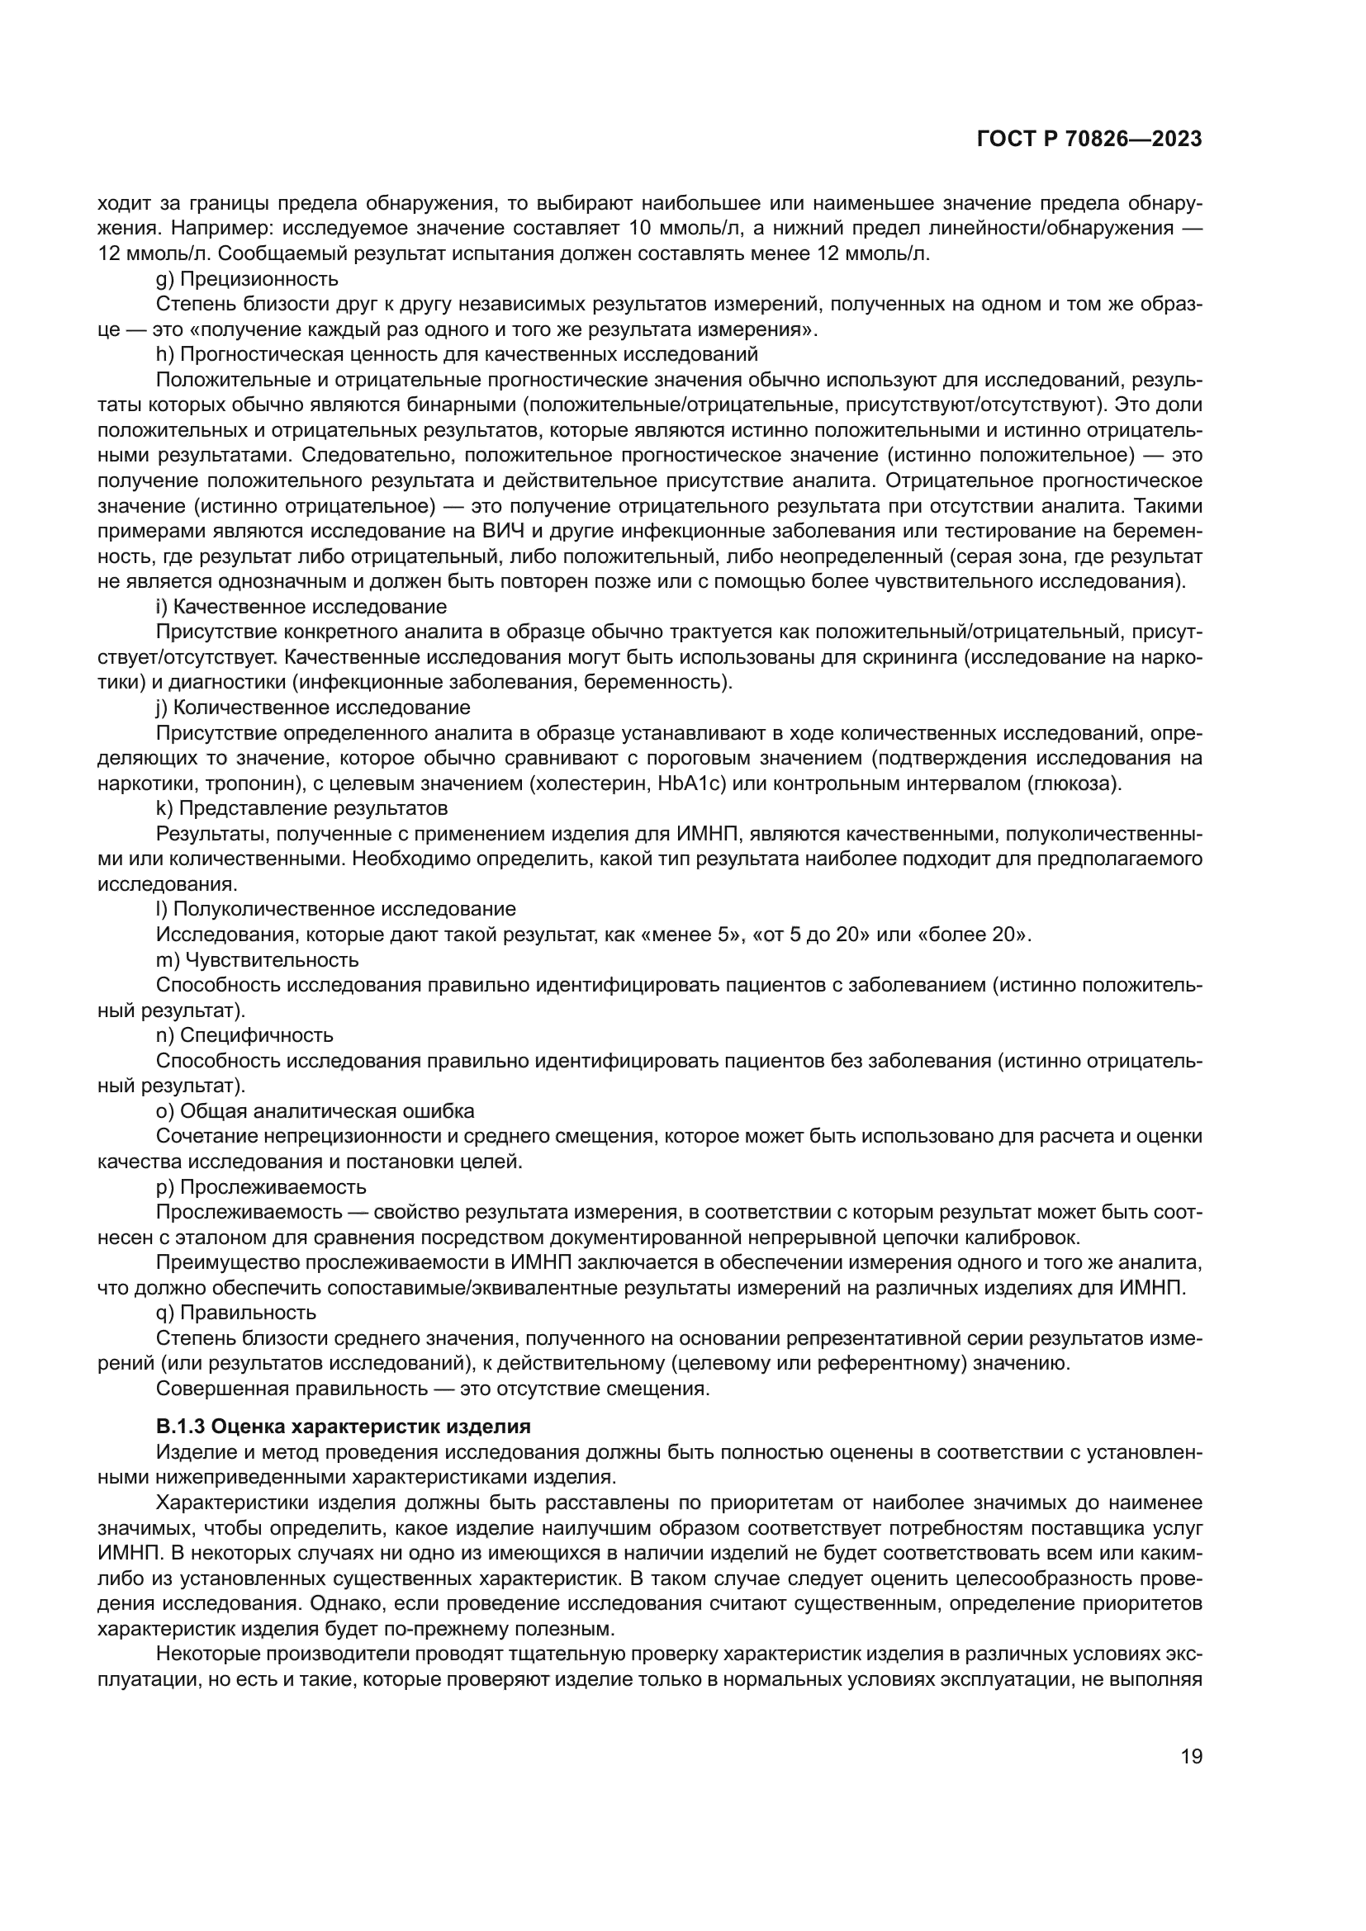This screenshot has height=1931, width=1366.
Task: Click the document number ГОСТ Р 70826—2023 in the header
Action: pos(1089,140)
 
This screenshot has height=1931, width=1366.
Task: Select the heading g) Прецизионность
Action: pos(247,279)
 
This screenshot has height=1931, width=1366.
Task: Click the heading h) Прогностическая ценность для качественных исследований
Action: pos(457,355)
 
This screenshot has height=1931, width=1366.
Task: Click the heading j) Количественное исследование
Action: pos(313,708)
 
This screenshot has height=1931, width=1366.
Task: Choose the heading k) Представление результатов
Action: pos(301,809)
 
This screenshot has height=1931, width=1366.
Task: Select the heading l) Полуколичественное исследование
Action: pos(335,909)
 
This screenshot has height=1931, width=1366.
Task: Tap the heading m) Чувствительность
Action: pos(258,959)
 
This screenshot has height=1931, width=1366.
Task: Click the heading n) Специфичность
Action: pos(244,1035)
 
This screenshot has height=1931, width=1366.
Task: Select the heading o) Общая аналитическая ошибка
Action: pos(315,1111)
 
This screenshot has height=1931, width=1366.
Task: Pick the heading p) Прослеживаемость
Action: pos(261,1186)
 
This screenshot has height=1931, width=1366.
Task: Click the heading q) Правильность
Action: pos(236,1313)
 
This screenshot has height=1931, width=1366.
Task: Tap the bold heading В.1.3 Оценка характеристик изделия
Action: pos(344,1427)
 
